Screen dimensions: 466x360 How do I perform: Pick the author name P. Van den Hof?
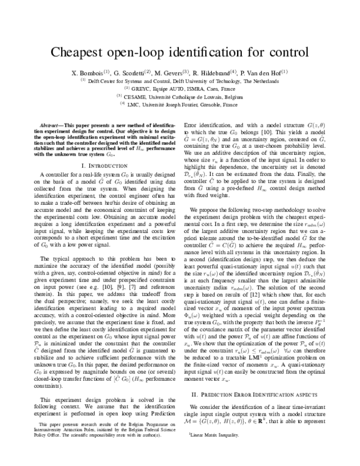pyautogui.click(x=265, y=73)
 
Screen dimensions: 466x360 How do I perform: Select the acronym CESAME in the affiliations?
pyautogui.click(x=135, y=96)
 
